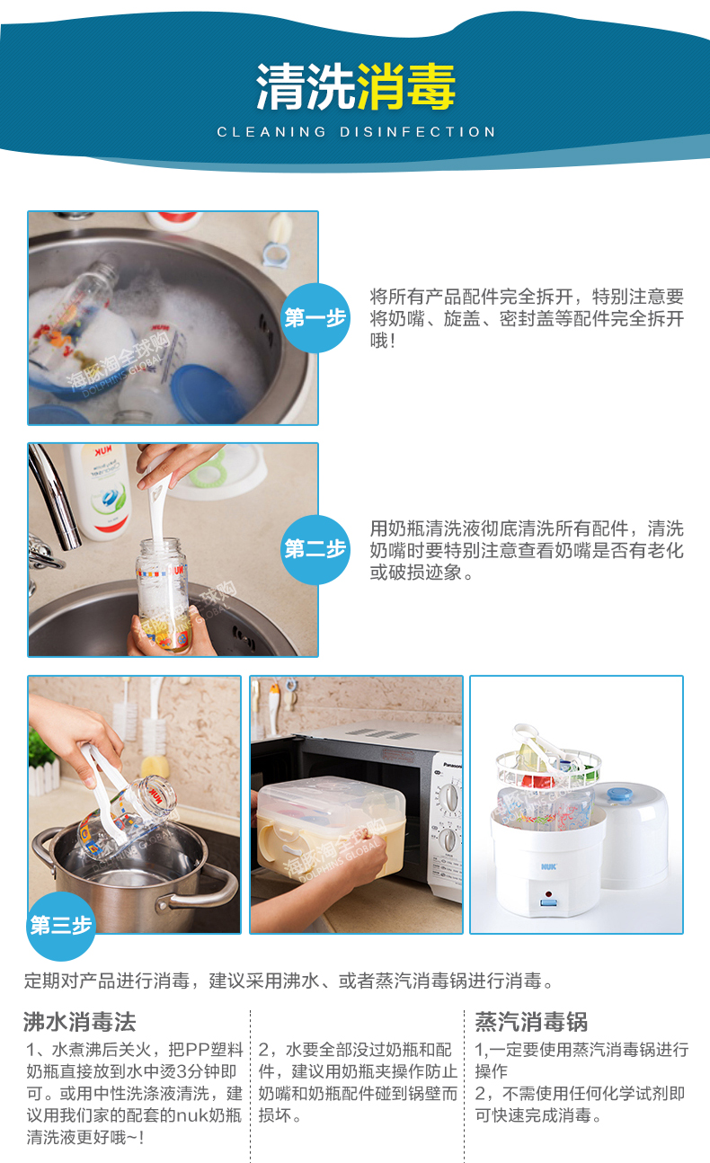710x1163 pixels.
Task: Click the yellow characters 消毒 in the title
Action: [x=406, y=86]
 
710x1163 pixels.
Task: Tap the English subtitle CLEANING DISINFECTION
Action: [x=356, y=132]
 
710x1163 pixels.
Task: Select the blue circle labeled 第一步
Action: [x=315, y=318]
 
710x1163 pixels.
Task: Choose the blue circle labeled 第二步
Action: [x=315, y=549]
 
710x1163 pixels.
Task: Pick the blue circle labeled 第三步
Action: [x=61, y=926]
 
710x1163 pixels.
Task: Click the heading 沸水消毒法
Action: [x=79, y=1022]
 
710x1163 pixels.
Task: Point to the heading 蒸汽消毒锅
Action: [x=531, y=1022]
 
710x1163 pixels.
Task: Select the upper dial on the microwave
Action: [x=449, y=798]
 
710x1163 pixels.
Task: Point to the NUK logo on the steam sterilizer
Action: [x=548, y=867]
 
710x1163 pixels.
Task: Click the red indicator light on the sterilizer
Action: [x=547, y=894]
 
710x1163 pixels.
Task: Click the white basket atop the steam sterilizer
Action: [x=548, y=769]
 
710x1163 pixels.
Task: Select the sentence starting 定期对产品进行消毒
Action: [x=289, y=981]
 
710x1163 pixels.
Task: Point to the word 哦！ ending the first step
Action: [x=383, y=341]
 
